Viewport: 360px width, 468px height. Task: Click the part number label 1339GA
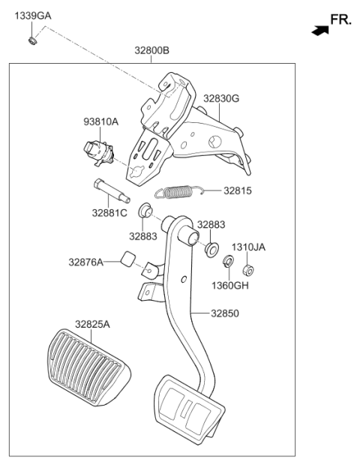[33, 16]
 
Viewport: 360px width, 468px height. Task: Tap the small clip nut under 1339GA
[32, 40]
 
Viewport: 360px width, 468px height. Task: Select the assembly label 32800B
[151, 50]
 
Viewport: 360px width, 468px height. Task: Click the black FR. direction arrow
[320, 31]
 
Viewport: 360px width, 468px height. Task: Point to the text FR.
[341, 19]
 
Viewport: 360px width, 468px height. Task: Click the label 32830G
[221, 98]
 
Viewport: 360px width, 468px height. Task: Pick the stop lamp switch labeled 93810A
[99, 154]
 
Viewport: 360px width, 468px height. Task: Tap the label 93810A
[101, 121]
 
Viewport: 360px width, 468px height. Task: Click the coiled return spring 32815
[179, 191]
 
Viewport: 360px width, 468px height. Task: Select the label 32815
[238, 190]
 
